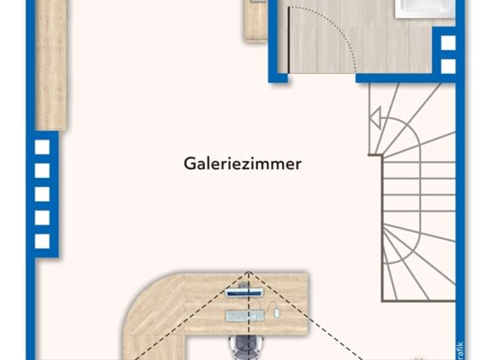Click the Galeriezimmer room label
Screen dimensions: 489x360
242,164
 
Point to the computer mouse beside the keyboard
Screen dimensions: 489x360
276,312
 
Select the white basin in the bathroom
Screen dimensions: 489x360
424,8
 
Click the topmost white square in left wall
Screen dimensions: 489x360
42,147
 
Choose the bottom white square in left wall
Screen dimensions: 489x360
42,241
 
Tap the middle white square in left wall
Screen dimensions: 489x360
42,194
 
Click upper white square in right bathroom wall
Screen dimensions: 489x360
448,42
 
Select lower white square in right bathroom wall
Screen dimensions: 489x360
448,66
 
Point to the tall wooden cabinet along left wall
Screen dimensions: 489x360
50,65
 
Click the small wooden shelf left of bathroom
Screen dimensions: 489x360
256,20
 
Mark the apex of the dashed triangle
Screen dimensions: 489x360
249,273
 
